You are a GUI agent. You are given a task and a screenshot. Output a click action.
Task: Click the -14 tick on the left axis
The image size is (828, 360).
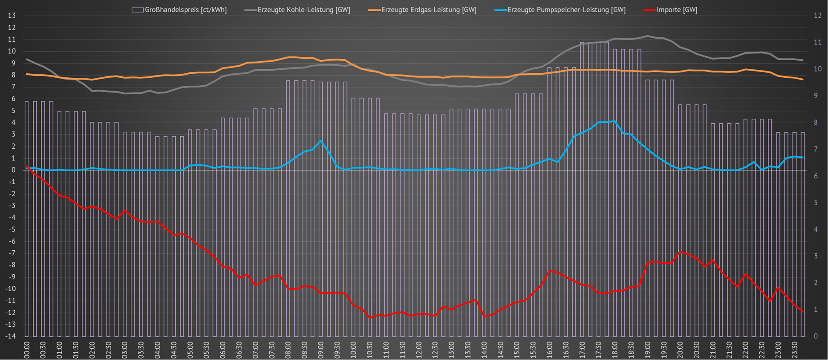coord(10,336)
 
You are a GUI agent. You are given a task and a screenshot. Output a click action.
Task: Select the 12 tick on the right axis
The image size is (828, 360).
coord(818,16)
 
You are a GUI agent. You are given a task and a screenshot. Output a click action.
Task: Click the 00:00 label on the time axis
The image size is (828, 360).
coord(27,350)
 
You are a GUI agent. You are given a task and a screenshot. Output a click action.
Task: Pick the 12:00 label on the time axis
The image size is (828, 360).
coord(418,350)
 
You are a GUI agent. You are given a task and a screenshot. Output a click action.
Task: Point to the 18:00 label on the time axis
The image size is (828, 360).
coord(614,350)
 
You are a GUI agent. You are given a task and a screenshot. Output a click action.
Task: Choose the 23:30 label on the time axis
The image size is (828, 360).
coord(794,350)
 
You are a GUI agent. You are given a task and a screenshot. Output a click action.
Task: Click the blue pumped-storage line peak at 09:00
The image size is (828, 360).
coord(321,141)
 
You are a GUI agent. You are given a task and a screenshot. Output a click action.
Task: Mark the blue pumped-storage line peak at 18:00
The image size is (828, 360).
coord(614,121)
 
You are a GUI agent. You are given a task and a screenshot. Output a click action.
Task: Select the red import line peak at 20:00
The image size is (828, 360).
coord(680,251)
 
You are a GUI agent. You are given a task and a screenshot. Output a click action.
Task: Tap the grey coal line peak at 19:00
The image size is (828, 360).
coord(647,36)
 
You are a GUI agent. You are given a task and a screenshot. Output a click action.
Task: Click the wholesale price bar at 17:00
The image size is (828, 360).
coord(582,189)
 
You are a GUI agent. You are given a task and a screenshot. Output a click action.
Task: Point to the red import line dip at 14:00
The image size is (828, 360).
coord(484,316)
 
